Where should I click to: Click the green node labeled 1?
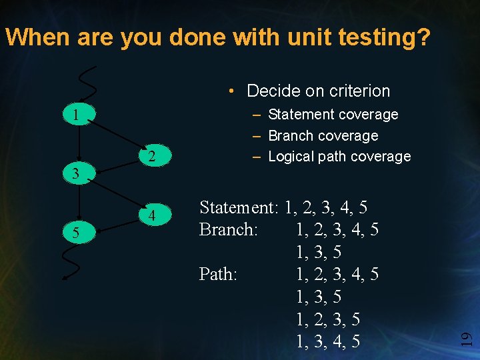[77, 115]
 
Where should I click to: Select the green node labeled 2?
[152, 157]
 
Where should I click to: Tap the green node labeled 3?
[77, 175]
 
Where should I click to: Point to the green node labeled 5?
[77, 233]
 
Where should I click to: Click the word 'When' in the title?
[37, 37]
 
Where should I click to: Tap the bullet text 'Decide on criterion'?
[318, 91]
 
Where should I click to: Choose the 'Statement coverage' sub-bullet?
[333, 115]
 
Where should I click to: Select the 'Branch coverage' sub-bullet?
[323, 135]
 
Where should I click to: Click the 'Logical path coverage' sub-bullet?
[339, 157]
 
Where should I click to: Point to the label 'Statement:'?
[239, 208]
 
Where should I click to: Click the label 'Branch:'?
[227, 230]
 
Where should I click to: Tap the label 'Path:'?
[218, 274]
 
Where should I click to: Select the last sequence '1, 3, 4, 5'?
[328, 341]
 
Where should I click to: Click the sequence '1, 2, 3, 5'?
[328, 319]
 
